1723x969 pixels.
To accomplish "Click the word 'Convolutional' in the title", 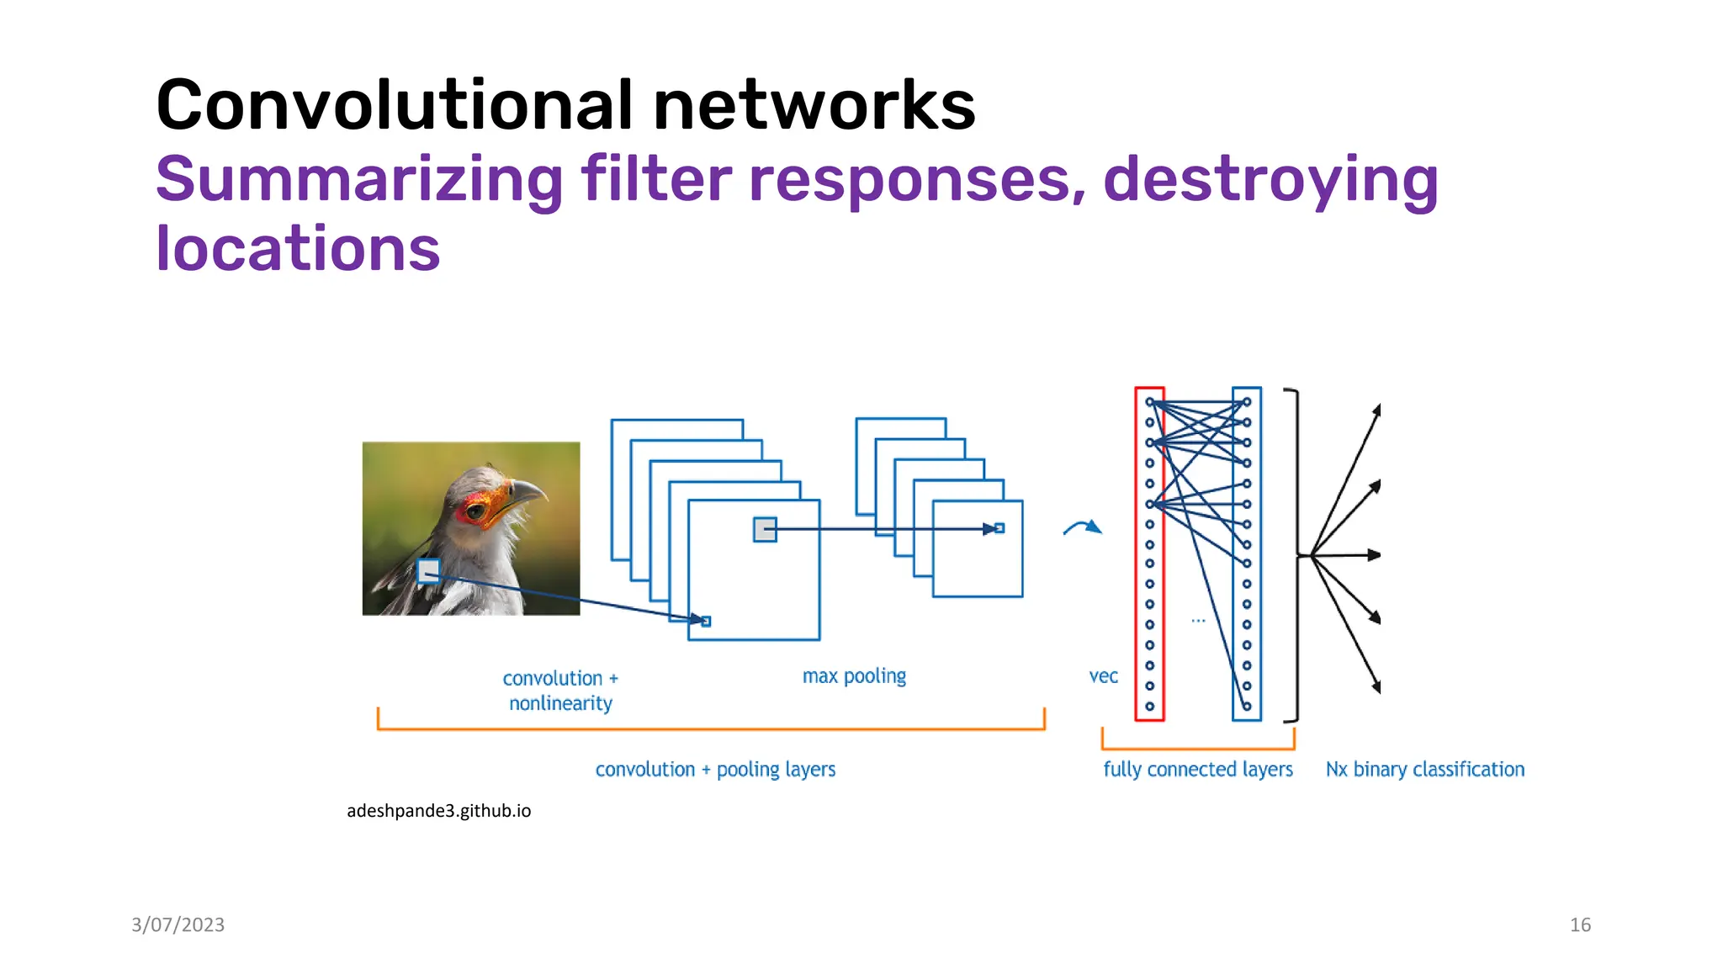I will (x=394, y=105).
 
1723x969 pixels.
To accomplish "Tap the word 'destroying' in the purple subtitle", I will (x=1270, y=179).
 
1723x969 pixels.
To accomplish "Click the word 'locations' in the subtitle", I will (x=298, y=249).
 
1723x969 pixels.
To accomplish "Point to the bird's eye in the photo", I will (x=476, y=510).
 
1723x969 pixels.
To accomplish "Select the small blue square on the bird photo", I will (x=428, y=571).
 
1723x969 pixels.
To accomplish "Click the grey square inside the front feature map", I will (x=765, y=529).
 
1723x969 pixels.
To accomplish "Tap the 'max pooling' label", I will (x=854, y=676).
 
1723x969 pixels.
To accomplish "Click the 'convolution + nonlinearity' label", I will (x=560, y=691).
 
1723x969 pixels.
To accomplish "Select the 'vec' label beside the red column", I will (x=1103, y=676).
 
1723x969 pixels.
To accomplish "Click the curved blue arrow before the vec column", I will (x=1083, y=527).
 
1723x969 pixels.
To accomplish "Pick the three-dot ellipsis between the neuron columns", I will (x=1198, y=621).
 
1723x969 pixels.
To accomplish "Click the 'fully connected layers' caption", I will (x=1198, y=769).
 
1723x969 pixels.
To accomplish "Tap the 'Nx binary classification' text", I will (x=1424, y=769).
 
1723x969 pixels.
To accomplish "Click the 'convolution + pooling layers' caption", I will (x=715, y=769).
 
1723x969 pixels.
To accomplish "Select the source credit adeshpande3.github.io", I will (x=438, y=811).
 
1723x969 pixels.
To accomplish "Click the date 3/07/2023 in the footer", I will (x=178, y=924).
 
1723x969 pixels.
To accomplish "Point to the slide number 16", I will (x=1580, y=924).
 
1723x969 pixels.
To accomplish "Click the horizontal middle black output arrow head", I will (x=1374, y=555).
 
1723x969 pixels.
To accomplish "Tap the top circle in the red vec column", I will (x=1149, y=402).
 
